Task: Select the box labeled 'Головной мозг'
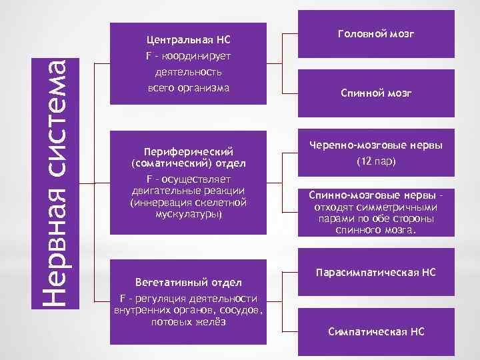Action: (x=377, y=33)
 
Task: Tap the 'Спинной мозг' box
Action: (x=377, y=93)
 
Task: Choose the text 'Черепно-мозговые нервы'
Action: (x=376, y=146)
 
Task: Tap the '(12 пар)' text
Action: (x=376, y=161)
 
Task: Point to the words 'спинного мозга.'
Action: (x=376, y=230)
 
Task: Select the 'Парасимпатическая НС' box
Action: (x=376, y=272)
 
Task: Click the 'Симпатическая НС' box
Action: (x=376, y=331)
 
